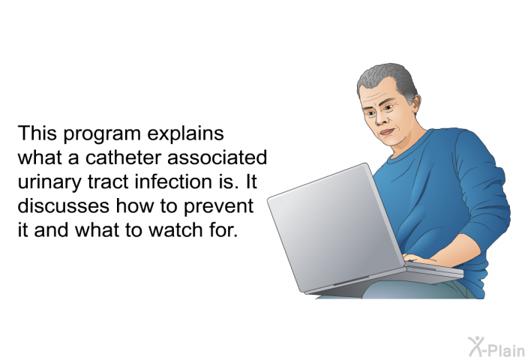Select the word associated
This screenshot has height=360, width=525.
pos(217,157)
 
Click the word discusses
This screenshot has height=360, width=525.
pos(63,206)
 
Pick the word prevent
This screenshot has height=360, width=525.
pos(218,207)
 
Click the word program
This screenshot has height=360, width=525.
pos(102,134)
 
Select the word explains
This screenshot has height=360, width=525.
pos(185,133)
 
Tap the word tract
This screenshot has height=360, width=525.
pos(108,182)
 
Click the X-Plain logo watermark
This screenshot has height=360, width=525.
pos(496,347)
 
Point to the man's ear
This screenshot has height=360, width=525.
pos(415,101)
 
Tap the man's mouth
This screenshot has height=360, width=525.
pos(387,131)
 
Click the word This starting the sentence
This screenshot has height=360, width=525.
pos(37,133)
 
